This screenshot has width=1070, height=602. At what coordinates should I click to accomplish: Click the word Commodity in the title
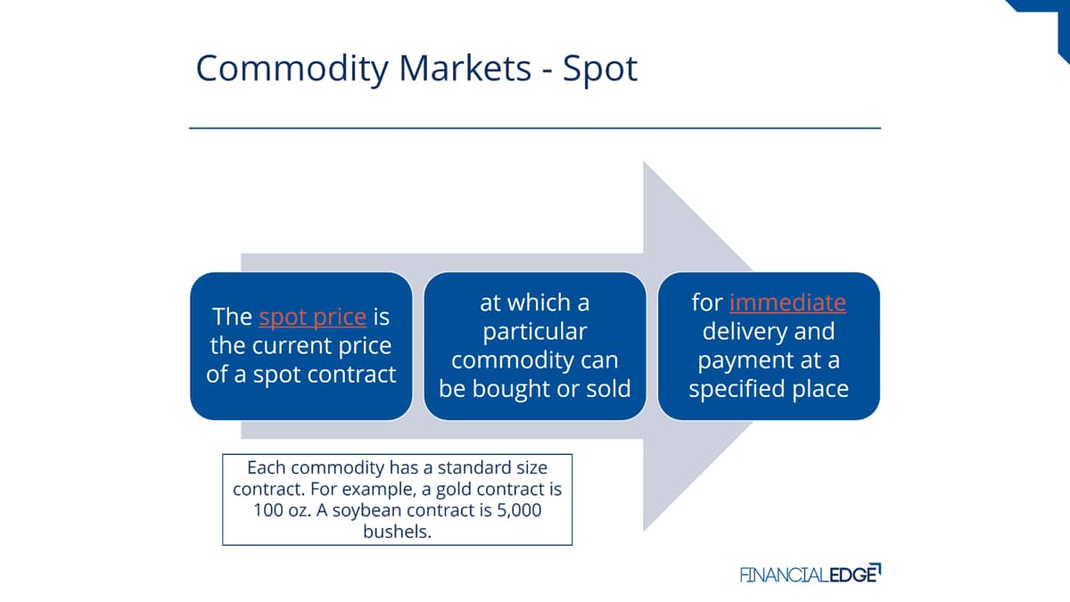tap(292, 69)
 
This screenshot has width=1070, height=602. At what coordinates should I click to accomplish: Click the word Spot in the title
tap(599, 70)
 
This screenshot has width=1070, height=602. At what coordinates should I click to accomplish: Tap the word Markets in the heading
tap(465, 68)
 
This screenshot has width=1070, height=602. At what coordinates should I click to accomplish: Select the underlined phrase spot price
tap(312, 317)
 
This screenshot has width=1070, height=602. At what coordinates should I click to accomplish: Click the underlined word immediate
tap(787, 302)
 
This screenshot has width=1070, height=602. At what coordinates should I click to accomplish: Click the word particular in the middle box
tap(534, 332)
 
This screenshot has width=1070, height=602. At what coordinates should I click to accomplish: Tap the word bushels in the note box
tap(394, 532)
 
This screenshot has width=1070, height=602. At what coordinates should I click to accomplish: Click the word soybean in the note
tap(366, 511)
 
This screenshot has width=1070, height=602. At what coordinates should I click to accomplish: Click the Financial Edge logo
tap(811, 573)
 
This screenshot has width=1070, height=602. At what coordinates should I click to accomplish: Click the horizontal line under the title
tap(535, 128)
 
